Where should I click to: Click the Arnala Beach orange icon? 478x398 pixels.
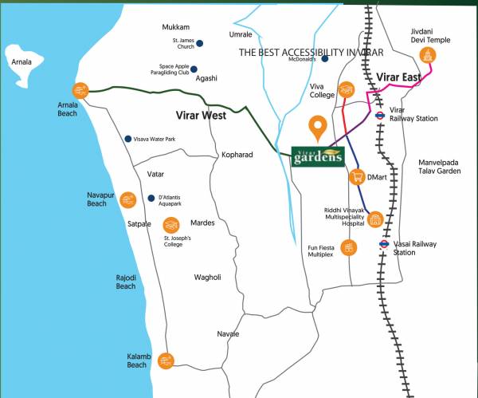coord(80,90)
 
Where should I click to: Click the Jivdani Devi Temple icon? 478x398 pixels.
coord(429,56)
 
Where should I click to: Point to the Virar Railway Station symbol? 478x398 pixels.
coord(382,114)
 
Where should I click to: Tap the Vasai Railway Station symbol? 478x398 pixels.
coord(384,245)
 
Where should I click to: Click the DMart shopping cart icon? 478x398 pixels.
coord(358,177)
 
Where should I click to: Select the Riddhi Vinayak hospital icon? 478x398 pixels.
coord(375,219)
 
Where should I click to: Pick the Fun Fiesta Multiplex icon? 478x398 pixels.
coord(348,248)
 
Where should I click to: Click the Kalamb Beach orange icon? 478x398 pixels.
coord(166,361)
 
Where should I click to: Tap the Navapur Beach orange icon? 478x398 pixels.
coord(127,199)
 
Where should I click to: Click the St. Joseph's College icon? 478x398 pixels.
coord(170,225)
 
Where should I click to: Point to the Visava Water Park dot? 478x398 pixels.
coord(127,139)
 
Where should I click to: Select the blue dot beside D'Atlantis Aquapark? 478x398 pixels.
coord(151,198)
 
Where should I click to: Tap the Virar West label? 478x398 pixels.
coord(201,116)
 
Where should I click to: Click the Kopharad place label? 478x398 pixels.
coord(237,154)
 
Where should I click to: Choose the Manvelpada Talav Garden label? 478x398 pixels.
coord(440,166)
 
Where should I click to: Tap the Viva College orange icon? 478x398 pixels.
coord(346,89)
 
